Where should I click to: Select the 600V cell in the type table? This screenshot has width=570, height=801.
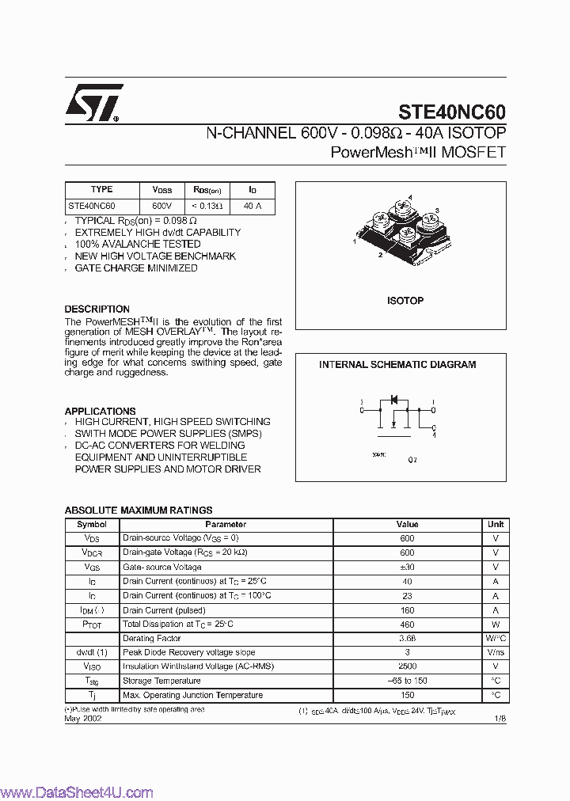pos(161,206)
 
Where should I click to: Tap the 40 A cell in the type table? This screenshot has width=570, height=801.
pos(253,206)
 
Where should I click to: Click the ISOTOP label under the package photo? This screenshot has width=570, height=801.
pos(405,301)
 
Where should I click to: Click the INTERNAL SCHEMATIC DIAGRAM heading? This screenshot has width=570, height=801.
pos(397,365)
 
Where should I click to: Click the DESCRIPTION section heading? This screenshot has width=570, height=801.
pos(97,309)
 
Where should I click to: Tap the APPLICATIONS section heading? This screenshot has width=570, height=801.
pos(100,412)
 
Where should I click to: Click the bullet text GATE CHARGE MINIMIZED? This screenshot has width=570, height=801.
pos(136,268)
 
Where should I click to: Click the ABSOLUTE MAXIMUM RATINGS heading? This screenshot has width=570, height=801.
pos(138,511)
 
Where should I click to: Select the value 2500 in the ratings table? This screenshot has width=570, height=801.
pos(407,666)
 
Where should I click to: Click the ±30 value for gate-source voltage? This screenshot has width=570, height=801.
pos(407,568)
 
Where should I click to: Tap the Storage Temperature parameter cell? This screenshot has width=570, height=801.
pos(161,681)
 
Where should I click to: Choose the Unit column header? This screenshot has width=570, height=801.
pos(496,524)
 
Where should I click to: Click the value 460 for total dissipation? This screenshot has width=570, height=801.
pos(407,624)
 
